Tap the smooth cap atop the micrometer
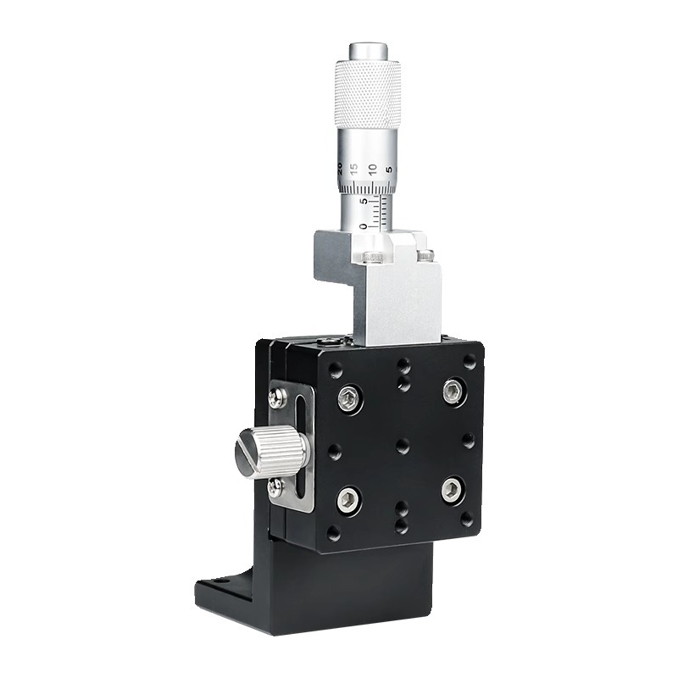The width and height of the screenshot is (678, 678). point(369,51)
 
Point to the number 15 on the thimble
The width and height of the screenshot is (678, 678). point(354,169)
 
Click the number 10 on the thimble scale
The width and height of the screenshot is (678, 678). point(373,169)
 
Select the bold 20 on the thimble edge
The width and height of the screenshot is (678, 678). point(340,168)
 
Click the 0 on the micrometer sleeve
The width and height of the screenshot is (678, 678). point(364,226)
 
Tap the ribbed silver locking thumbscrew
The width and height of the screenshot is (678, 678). point(272,452)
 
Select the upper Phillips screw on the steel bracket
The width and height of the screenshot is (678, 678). point(277,398)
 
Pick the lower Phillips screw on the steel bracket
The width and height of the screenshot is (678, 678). point(275,487)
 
